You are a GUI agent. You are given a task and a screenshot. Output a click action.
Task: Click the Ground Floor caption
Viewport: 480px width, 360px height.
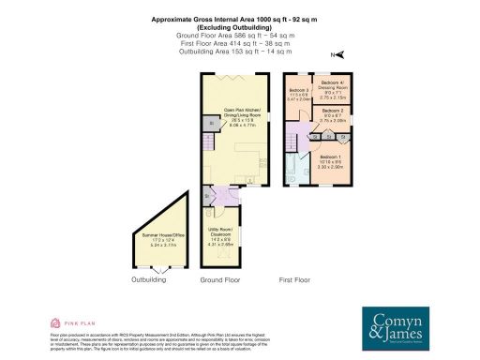(x=220, y=278)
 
